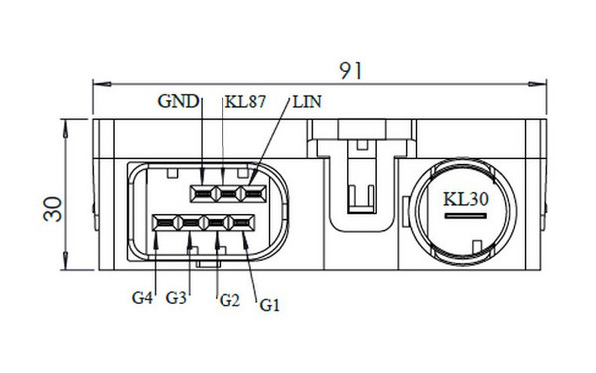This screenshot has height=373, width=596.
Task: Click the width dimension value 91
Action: pyautogui.click(x=350, y=71)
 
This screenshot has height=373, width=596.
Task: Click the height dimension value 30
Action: pyautogui.click(x=53, y=209)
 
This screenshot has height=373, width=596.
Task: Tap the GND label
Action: pyautogui.click(x=178, y=101)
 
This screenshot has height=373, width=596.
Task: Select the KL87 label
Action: pyautogui.click(x=245, y=102)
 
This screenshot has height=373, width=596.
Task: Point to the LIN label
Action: pyautogui.click(x=307, y=102)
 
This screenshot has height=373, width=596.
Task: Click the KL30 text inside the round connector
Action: pyautogui.click(x=466, y=199)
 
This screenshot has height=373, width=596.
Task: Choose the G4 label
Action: pyautogui.click(x=142, y=298)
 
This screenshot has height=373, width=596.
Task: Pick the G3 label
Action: pyautogui.click(x=176, y=298)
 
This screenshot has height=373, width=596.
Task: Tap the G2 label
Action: pyautogui.click(x=230, y=301)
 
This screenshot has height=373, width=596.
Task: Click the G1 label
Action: pyautogui.click(x=270, y=305)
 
